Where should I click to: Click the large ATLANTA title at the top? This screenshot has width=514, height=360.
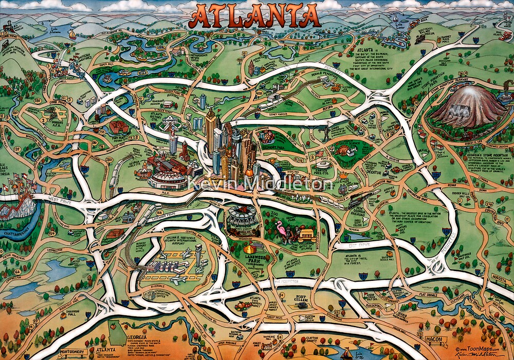pyautogui.click(x=255, y=16)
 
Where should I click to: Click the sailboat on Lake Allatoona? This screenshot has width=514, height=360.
pyautogui.click(x=72, y=35)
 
